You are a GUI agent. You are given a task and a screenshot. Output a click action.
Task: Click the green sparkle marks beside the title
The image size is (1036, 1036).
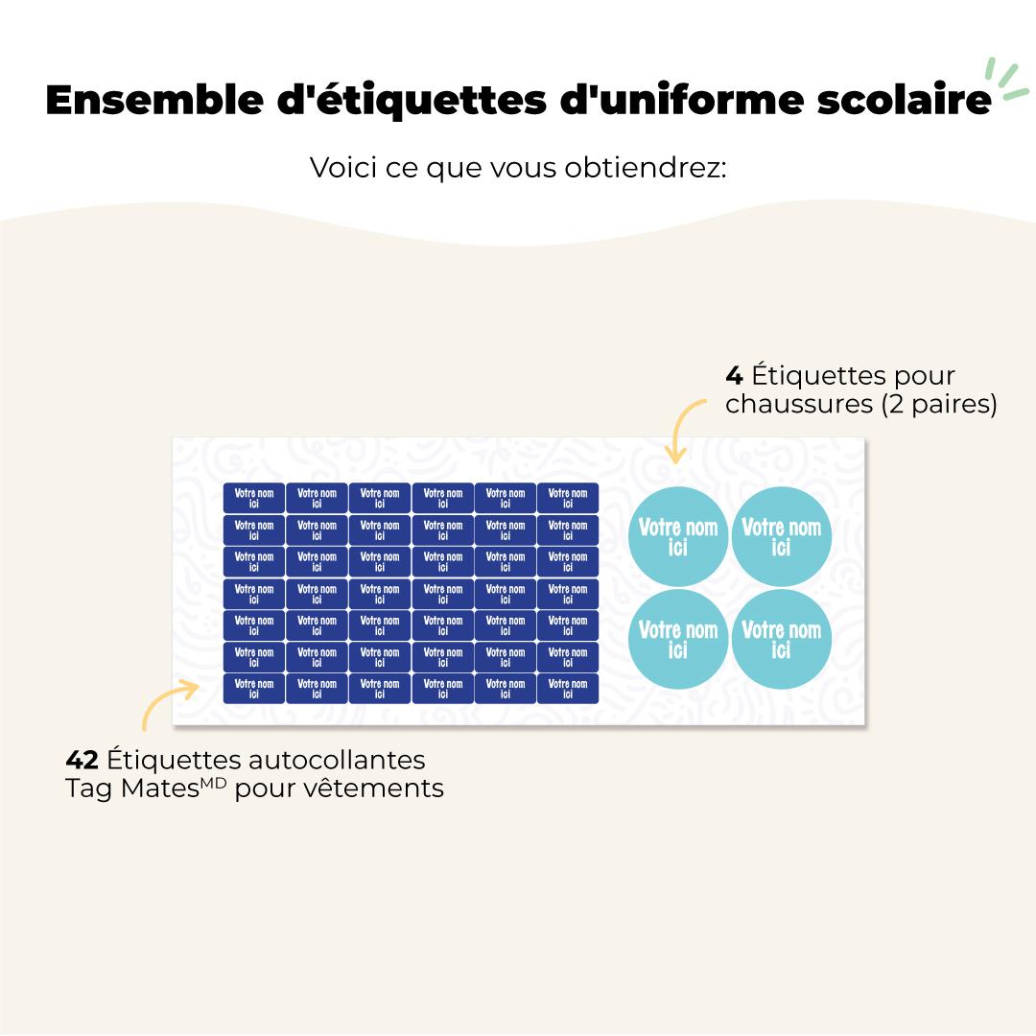point(1008,79)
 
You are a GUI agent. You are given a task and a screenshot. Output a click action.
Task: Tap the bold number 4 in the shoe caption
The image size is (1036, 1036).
point(734,375)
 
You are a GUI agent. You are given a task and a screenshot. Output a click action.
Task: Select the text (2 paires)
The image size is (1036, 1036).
point(938,405)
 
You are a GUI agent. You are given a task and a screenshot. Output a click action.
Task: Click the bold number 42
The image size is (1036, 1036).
point(82,760)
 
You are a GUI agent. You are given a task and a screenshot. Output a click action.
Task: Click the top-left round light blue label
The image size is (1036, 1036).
point(677,536)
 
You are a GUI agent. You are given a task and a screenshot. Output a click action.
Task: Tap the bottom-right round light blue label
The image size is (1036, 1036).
point(781,639)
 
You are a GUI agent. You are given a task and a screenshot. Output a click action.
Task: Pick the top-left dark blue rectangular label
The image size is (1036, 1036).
point(254,498)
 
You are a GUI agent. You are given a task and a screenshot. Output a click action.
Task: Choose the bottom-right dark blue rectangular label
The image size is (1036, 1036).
point(567,689)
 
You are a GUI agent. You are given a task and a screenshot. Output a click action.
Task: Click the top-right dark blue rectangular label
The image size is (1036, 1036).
point(567,498)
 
